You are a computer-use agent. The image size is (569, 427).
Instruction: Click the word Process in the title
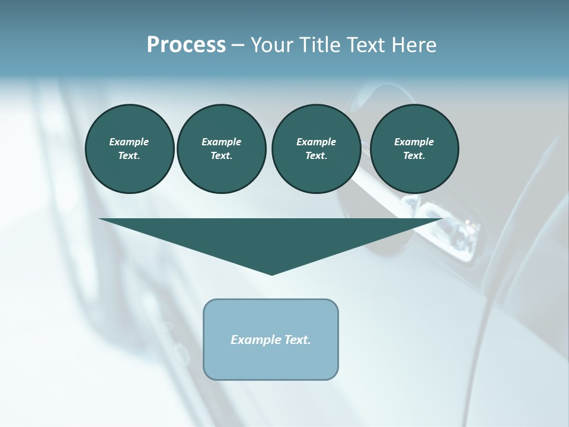186,44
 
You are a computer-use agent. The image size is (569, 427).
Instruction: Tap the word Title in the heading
321,45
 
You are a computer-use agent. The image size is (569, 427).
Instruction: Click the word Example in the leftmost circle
129,142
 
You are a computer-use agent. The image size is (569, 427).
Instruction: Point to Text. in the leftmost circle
129,155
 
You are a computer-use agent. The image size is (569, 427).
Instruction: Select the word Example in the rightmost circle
414,142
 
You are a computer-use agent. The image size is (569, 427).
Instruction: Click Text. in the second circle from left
221,155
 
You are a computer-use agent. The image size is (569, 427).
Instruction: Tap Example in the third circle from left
316,142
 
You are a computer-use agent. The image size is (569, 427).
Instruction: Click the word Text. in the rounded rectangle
298,340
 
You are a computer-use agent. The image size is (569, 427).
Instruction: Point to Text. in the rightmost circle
414,155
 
